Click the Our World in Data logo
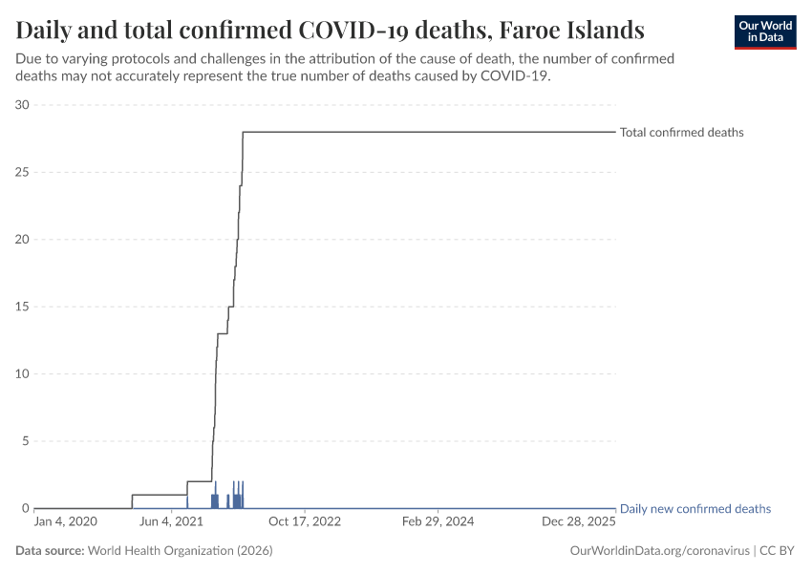pos(764,32)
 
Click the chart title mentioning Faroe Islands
pos(330,30)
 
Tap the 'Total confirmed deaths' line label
pos(681,133)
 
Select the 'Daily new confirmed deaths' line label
pos(694,509)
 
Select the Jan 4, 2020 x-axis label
pos(65,522)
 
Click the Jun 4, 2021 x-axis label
pos(172,522)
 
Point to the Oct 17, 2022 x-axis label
pos(304,522)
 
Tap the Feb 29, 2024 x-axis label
pos(438,522)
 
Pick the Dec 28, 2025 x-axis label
pos(580,522)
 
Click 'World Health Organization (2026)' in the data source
pos(180,551)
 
